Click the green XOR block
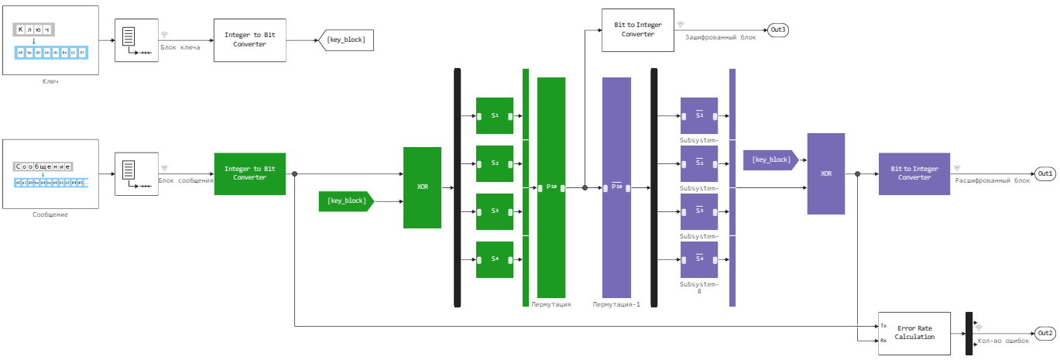pos(422,187)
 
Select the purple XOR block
pos(825,173)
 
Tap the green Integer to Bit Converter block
pos(249,173)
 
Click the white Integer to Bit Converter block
pos(249,40)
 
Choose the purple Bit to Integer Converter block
pos(914,173)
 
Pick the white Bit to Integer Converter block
pos(638,30)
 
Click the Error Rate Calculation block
pos(914,333)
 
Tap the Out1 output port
pos(1045,173)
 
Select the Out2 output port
pos(1045,333)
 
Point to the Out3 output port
pos(777,30)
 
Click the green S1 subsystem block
pos(495,115)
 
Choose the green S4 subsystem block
pos(495,259)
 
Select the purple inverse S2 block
pos(699,163)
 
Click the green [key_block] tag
pos(346,201)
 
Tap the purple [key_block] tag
pos(770,159)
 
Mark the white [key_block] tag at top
pos(346,40)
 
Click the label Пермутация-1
pos(616,304)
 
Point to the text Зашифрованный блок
pos(720,36)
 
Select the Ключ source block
pos(50,40)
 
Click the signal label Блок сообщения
pos(186,180)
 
